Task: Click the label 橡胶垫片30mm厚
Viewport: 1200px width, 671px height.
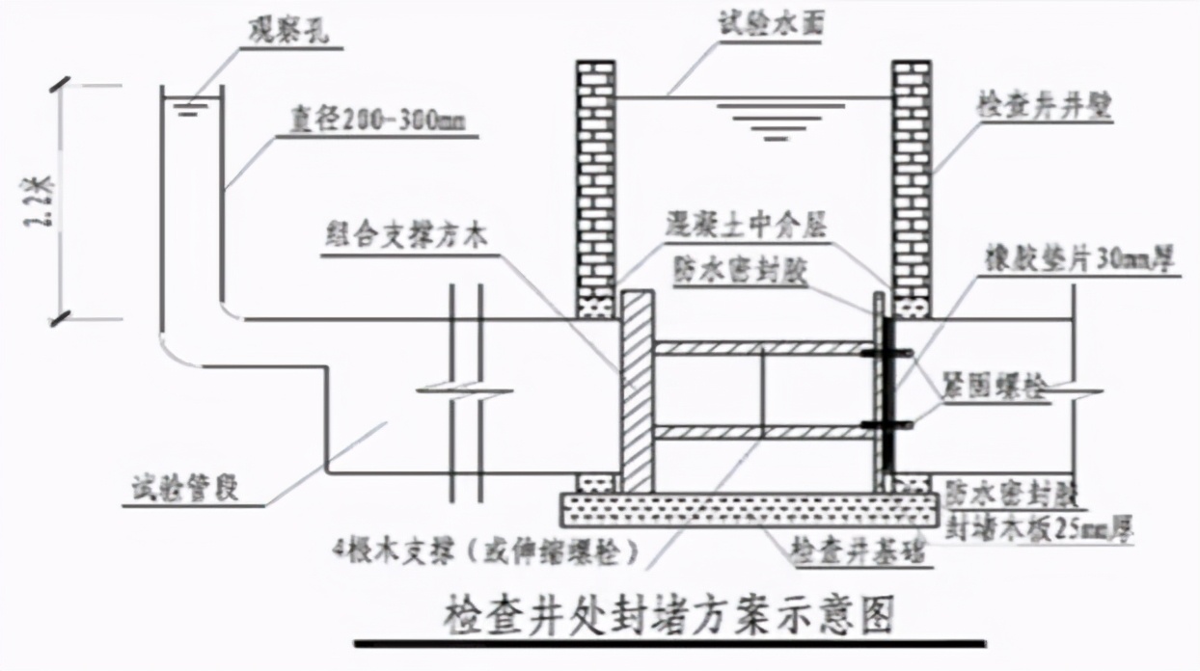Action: point(1080,261)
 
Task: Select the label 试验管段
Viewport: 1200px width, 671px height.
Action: point(185,490)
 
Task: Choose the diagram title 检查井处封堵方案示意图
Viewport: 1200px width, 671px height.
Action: point(668,612)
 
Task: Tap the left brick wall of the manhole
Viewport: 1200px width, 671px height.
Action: point(595,183)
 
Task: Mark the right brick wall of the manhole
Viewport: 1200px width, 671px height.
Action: point(911,183)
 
